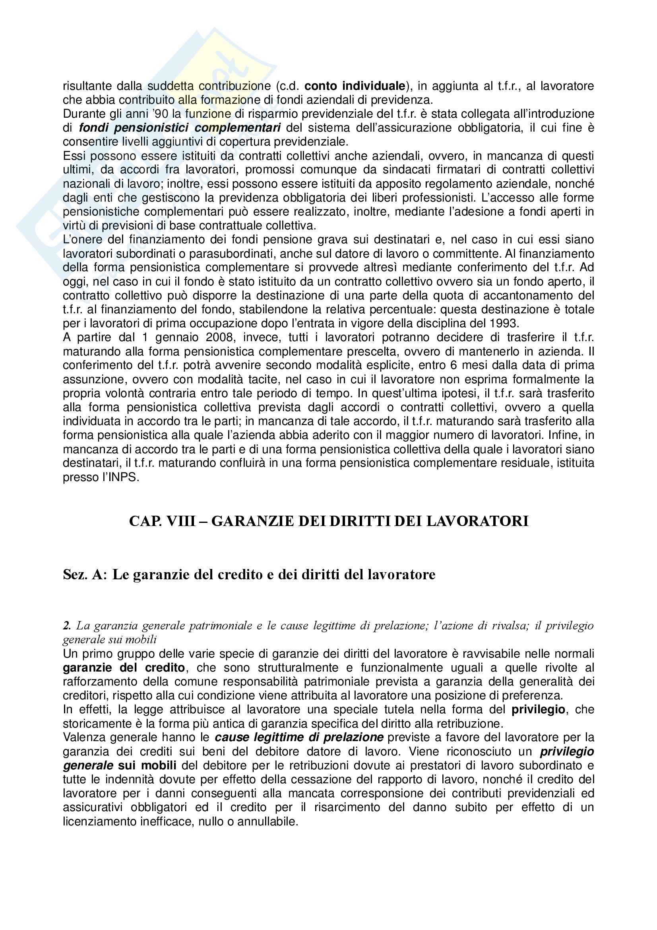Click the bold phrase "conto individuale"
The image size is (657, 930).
click(355, 86)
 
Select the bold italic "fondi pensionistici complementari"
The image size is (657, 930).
click(180, 128)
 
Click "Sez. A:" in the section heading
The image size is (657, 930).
click(85, 575)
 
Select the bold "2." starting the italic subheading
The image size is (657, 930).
click(67, 626)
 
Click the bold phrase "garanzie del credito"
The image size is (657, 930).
click(124, 668)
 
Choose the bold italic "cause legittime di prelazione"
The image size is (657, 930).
click(299, 737)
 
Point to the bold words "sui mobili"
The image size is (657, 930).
click(147, 765)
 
